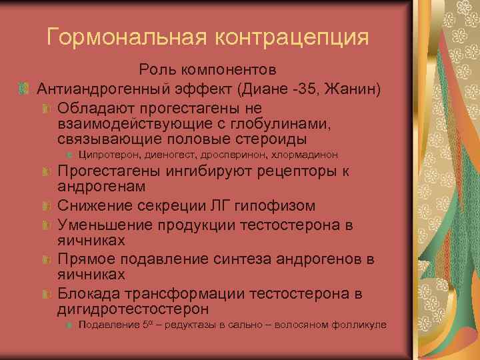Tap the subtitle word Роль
[157, 69]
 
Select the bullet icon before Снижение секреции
[45, 207]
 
